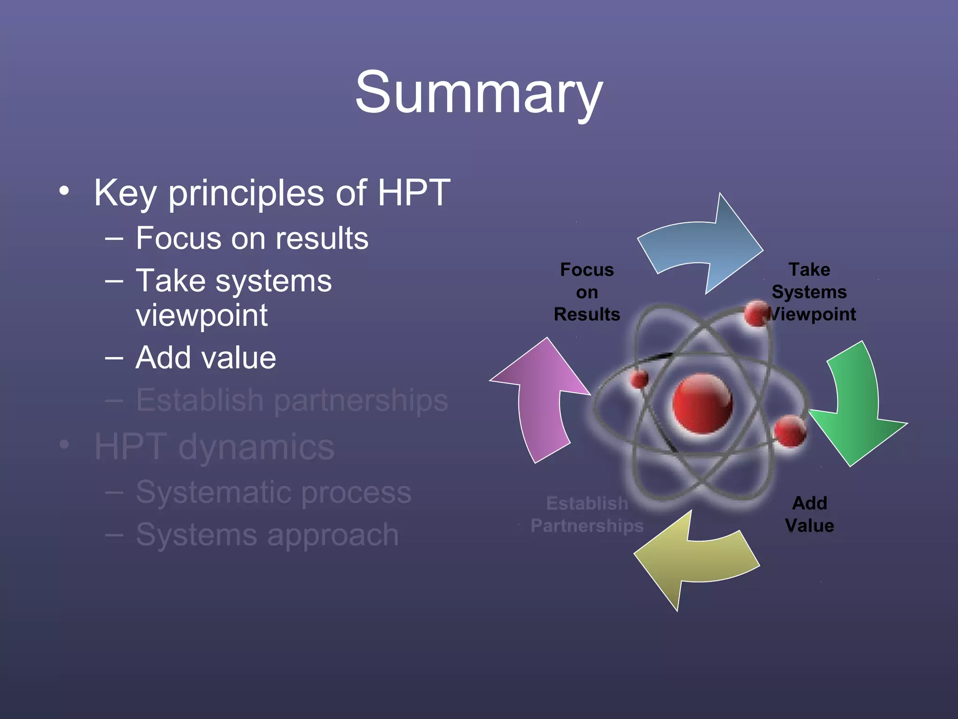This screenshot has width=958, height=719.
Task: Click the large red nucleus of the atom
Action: pyautogui.click(x=702, y=403)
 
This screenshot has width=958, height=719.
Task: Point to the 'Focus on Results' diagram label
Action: pyautogui.click(x=587, y=292)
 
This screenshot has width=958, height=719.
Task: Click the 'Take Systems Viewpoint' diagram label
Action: pyautogui.click(x=810, y=292)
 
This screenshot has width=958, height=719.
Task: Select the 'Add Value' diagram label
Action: pyautogui.click(x=809, y=514)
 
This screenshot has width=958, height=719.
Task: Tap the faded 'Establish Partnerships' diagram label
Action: pyautogui.click(x=587, y=514)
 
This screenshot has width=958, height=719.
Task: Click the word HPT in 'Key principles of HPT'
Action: pyautogui.click(x=414, y=192)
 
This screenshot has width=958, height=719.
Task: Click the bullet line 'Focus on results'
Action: pyautogui.click(x=252, y=238)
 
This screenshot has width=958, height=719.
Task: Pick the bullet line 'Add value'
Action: pyautogui.click(x=206, y=358)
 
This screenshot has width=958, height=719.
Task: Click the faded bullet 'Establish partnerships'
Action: pyautogui.click(x=292, y=400)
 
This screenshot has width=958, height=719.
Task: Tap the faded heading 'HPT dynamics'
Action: pyautogui.click(x=214, y=447)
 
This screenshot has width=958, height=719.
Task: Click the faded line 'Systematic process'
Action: pyautogui.click(x=274, y=492)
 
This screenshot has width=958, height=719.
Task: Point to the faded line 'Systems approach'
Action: pyautogui.click(x=267, y=535)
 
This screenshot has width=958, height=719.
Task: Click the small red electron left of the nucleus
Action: pyautogui.click(x=639, y=379)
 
